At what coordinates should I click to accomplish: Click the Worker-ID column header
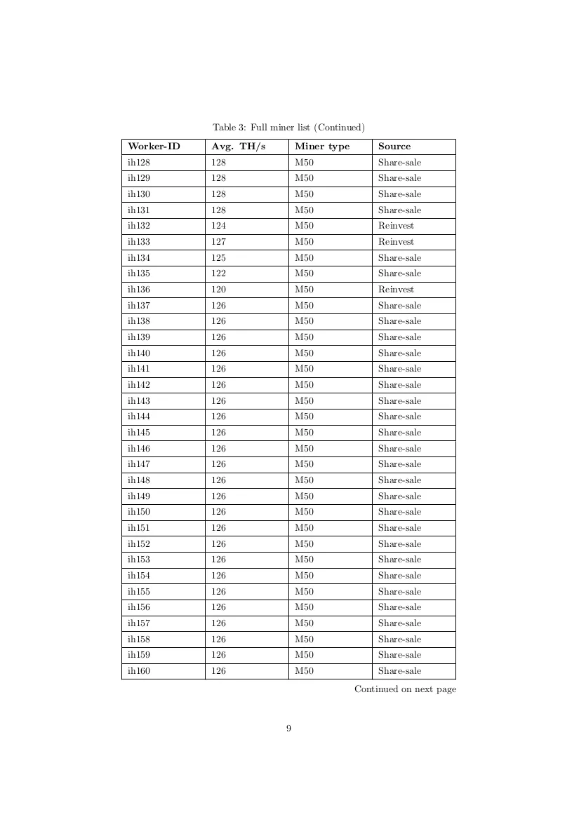(154, 147)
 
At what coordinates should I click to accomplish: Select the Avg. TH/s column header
(239, 147)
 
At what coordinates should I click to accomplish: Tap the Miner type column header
(321, 147)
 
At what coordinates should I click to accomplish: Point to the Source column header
(394, 147)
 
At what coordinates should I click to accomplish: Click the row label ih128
(139, 163)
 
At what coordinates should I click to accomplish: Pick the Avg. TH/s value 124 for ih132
(219, 226)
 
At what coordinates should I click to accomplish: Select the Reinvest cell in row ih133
(396, 242)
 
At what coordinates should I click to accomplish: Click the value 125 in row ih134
(219, 258)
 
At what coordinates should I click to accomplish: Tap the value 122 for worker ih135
(219, 273)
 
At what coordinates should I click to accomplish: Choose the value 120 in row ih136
(219, 290)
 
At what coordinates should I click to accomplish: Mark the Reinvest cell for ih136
(396, 290)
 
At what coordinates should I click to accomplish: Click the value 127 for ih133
(219, 242)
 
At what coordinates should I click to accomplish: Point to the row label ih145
(139, 433)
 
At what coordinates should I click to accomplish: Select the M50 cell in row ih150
(304, 512)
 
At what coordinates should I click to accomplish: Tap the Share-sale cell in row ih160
(399, 671)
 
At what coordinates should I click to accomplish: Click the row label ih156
(139, 607)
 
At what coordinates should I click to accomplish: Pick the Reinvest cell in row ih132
(396, 226)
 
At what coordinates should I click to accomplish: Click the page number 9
(288, 729)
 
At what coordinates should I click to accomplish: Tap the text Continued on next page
(405, 689)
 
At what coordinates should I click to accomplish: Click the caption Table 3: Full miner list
(288, 128)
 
